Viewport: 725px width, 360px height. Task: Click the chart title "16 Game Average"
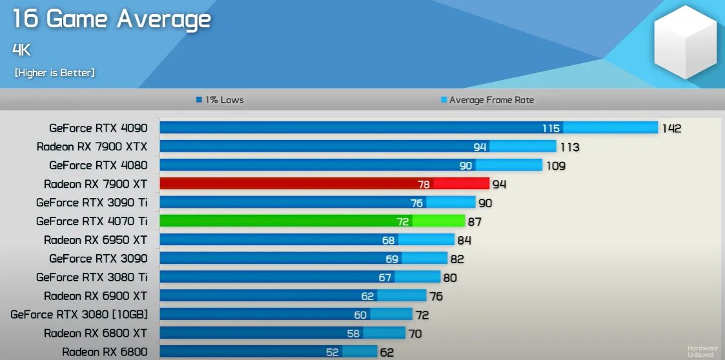tap(112, 19)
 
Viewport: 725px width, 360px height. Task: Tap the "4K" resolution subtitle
tap(21, 50)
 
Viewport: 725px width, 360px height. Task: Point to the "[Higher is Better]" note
tap(55, 73)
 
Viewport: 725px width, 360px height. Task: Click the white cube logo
tap(685, 42)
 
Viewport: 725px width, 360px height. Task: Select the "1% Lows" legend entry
tap(220, 100)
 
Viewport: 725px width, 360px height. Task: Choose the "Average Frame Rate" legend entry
tap(487, 100)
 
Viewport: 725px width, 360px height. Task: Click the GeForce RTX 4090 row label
tap(98, 128)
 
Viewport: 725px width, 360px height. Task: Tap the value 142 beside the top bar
tap(671, 128)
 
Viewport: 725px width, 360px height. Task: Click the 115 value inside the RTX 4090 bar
tap(551, 128)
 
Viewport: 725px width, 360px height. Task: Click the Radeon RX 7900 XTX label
tap(92, 147)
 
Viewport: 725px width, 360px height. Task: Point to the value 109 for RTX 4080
tap(555, 166)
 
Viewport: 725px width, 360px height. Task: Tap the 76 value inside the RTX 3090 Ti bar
tap(416, 203)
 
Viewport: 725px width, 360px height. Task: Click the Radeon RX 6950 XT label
tap(96, 240)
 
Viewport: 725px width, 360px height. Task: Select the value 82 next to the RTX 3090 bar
tap(457, 259)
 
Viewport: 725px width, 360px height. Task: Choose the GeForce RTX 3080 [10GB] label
tap(79, 315)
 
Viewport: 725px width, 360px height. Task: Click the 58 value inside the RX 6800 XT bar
tap(352, 334)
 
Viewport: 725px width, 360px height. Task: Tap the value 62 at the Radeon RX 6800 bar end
tap(386, 353)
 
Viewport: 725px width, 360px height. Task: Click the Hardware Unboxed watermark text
tap(702, 352)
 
